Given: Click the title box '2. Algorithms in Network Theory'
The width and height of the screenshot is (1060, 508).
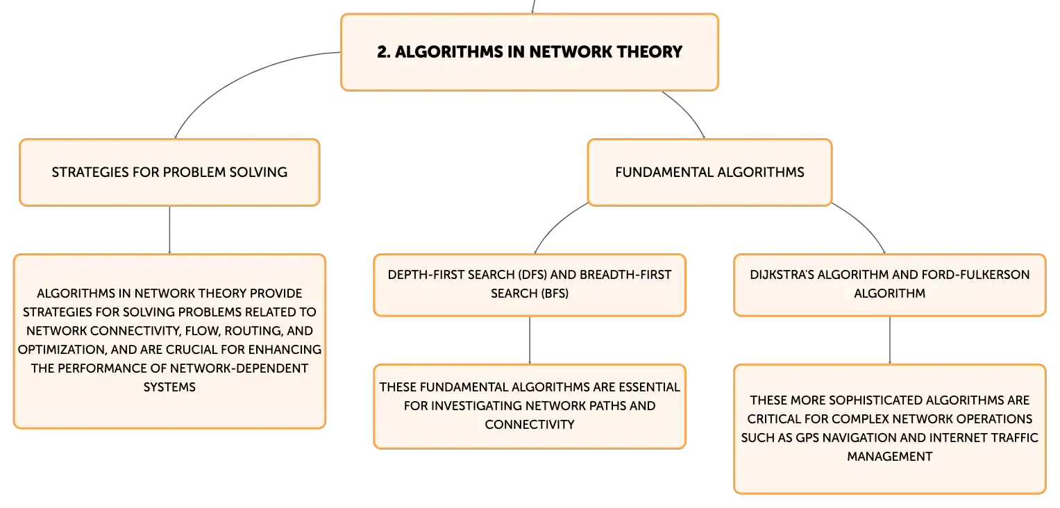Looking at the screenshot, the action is point(530,52).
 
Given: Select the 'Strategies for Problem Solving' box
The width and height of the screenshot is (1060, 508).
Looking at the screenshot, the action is point(169,172).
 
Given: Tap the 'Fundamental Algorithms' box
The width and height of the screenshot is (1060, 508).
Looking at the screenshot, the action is point(709,172).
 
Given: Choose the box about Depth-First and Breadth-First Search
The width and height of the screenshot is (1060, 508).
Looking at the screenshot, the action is point(530,285).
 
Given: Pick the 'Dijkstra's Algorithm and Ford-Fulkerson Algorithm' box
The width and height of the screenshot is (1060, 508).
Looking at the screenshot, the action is point(890,285).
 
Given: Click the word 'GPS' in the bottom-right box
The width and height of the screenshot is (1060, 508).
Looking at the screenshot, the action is point(807,437).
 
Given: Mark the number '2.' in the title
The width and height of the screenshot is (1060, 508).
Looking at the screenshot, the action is point(384,52).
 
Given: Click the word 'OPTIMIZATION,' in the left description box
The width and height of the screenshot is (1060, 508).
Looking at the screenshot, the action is point(62,350).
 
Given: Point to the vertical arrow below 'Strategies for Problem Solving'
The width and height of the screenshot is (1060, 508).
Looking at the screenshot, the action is point(169,230).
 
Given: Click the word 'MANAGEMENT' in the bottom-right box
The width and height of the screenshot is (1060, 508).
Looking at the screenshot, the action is point(890,457).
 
